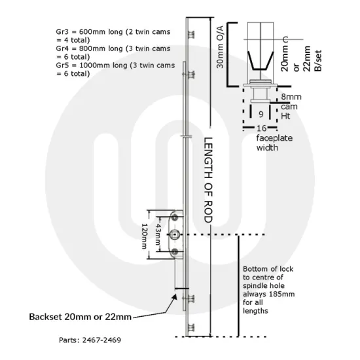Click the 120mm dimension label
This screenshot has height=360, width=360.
click(144, 236)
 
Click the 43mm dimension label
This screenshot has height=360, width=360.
click(158, 234)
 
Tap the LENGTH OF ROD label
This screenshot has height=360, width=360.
click(208, 180)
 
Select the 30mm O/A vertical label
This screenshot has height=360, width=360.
click(220, 47)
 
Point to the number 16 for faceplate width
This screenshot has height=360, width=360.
click(262, 128)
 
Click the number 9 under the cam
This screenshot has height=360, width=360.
click(261, 114)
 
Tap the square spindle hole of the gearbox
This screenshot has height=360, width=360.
click(175, 234)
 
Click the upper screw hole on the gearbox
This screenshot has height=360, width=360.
click(175, 217)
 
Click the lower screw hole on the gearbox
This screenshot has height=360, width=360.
click(175, 251)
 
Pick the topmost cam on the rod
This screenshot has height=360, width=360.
click(191, 35)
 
